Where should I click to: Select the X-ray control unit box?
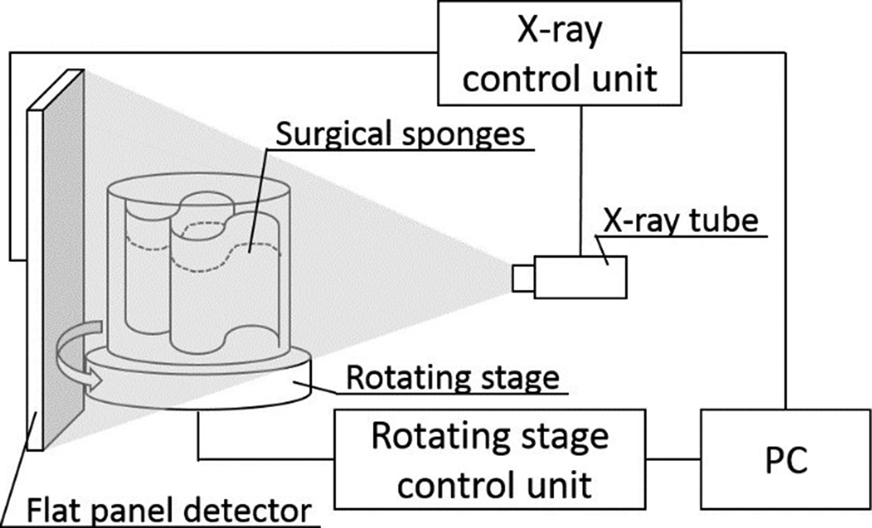point(560,53)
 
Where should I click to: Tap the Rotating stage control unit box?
point(490,460)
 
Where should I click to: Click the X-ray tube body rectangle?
point(580,277)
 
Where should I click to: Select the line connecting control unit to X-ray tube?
point(580,181)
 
